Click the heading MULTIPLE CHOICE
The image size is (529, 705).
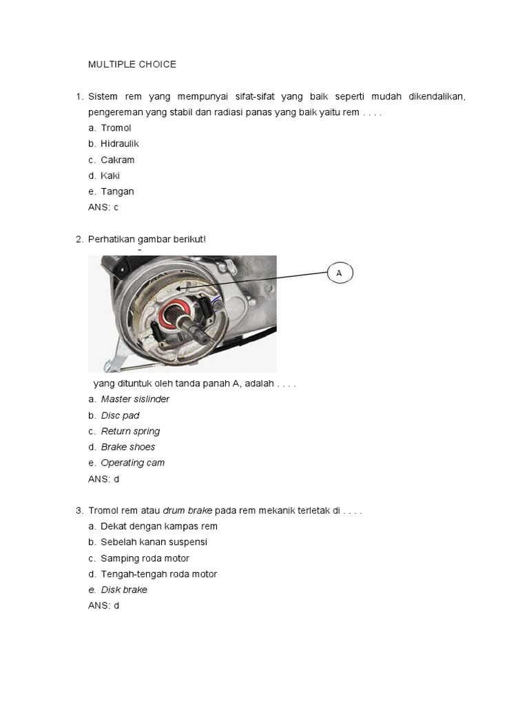point(132,64)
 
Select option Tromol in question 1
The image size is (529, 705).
point(116,128)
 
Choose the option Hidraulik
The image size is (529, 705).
point(120,144)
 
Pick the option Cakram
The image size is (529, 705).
point(118,160)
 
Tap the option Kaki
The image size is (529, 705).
point(110,176)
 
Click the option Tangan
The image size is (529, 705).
point(117,191)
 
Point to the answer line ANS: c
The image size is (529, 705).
point(103,207)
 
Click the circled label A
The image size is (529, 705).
point(339,273)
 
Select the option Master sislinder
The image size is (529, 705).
point(135,399)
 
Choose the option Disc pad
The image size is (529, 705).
point(121,415)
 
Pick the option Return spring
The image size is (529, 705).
point(130,431)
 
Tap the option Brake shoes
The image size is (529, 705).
point(128,447)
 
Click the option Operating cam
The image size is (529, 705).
point(133,463)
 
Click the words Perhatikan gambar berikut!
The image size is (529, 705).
point(147,239)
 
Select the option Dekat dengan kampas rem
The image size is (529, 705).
point(159,526)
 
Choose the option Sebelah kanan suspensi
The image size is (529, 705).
point(154,542)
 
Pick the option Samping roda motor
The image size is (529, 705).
point(145,558)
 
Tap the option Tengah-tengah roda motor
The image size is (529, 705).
point(159,574)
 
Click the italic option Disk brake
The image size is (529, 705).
point(124,590)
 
